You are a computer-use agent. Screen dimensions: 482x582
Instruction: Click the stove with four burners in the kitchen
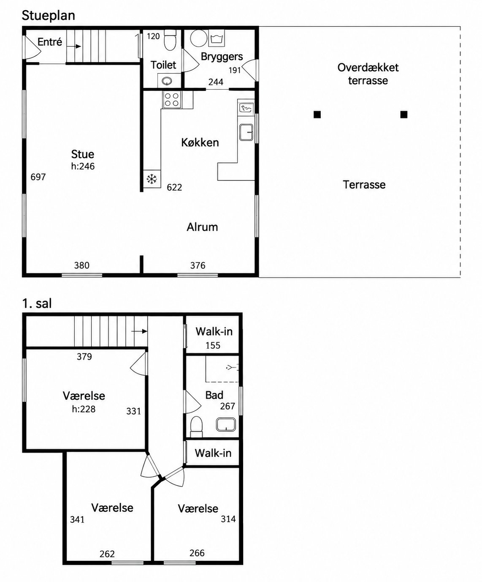point(172,99)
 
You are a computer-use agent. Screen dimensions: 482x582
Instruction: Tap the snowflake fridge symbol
point(152,179)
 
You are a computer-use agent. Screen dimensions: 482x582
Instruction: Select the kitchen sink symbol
point(246,132)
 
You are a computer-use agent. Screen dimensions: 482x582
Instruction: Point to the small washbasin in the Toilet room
point(167,81)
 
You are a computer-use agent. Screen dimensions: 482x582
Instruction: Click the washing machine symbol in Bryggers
point(216,38)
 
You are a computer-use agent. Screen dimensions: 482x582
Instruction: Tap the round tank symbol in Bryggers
point(199,38)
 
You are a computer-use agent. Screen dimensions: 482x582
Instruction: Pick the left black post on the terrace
point(317,115)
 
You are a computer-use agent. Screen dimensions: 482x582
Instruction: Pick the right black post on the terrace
point(404,115)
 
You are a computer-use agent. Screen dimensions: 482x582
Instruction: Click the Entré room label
point(50,42)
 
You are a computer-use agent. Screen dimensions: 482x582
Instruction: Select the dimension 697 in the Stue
point(38,177)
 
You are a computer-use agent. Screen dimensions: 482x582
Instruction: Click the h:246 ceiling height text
point(83,166)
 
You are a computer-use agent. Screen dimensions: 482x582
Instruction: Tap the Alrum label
point(202,227)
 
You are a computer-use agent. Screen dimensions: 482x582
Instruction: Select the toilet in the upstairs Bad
point(197,427)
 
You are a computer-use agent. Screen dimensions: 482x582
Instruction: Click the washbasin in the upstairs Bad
point(226,424)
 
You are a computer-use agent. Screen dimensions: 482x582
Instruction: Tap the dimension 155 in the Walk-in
point(213,346)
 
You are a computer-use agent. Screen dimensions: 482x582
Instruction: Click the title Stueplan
point(49,16)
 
